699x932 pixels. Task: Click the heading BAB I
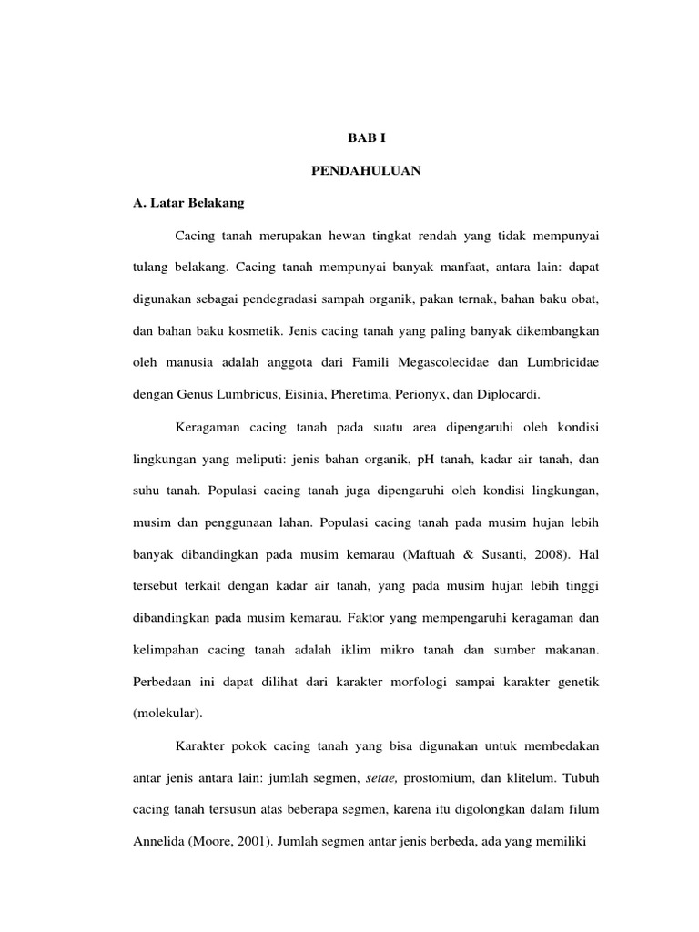coord(367,138)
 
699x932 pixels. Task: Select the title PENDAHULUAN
coord(366,170)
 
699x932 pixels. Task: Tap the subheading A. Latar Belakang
coord(188,203)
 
